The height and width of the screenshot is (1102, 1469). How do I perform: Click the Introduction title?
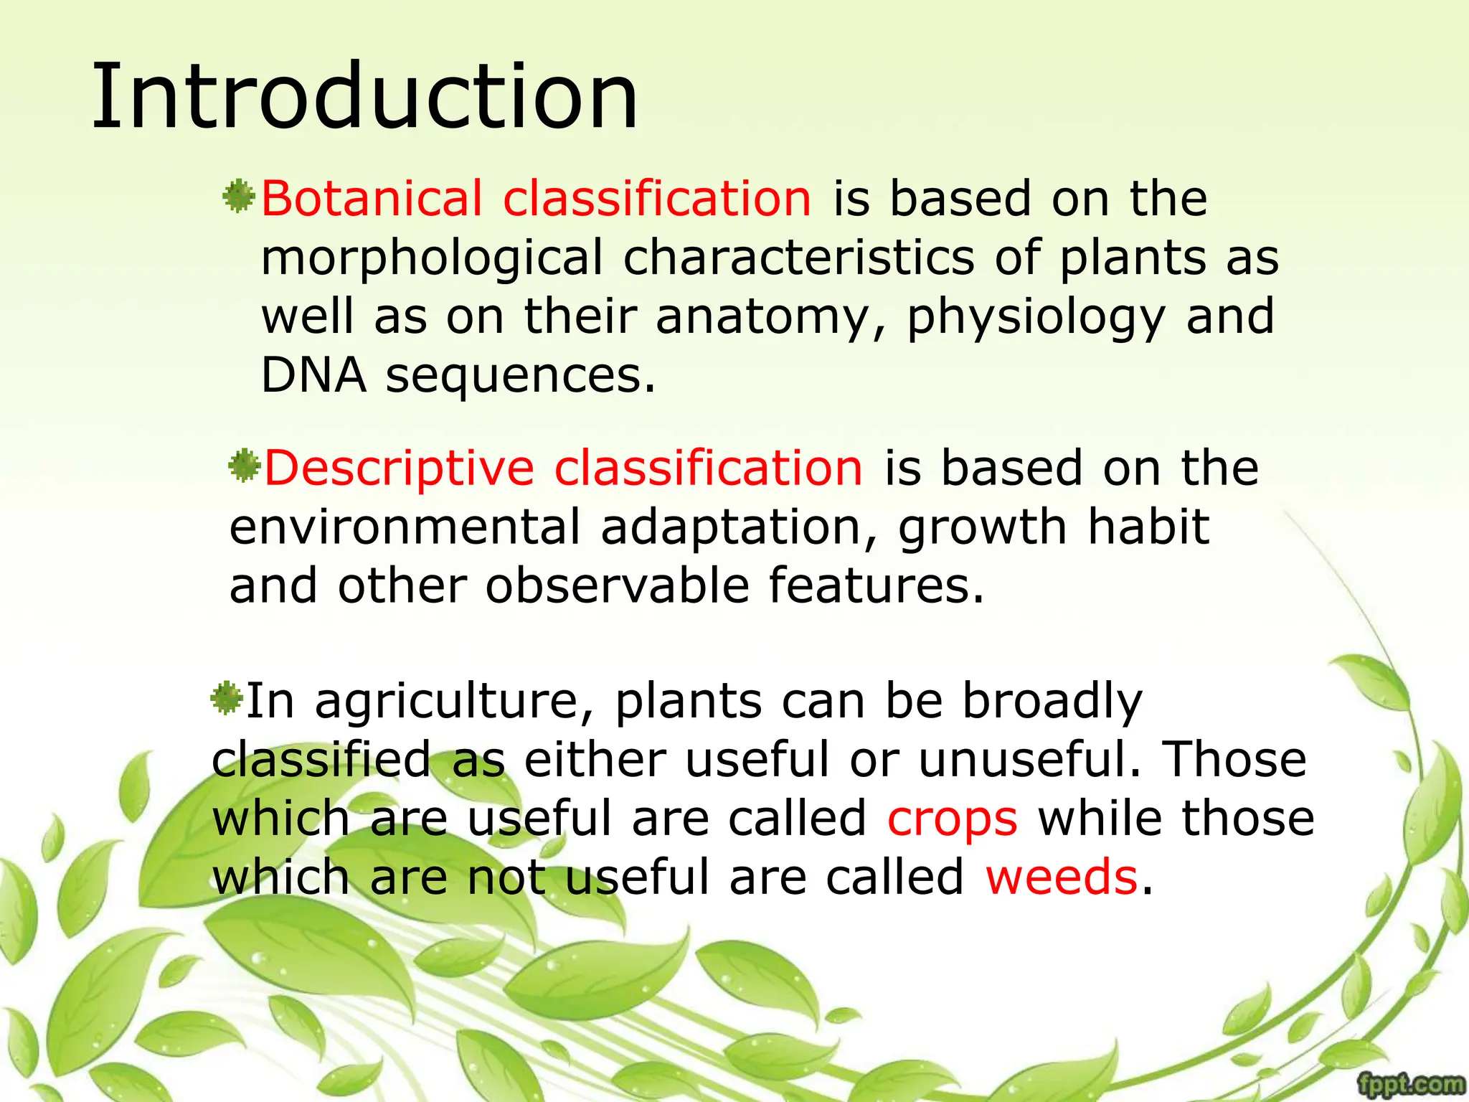pos(364,97)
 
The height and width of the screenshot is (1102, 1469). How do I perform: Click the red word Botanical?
pos(372,199)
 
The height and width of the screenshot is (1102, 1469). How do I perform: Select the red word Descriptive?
pos(399,468)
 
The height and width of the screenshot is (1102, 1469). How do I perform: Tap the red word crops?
pos(952,819)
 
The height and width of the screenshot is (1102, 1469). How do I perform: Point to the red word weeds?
pos(1062,877)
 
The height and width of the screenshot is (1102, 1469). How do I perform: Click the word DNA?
pos(313,375)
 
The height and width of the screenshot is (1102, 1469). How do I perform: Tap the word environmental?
pos(405,527)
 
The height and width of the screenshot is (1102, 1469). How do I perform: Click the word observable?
pos(618,586)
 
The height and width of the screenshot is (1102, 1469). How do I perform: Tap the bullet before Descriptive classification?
pos(244,466)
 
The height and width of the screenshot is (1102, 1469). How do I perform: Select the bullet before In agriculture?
pos(227,698)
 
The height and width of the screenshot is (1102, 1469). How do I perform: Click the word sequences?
pos(520,377)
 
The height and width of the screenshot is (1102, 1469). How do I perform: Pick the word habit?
pos(1148,527)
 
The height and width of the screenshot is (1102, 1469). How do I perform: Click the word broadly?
pos(1052,702)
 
